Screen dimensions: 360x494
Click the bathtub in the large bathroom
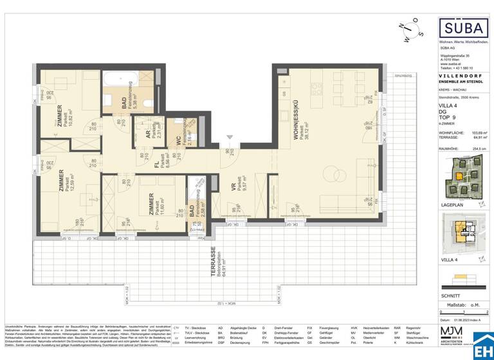pos(118,82)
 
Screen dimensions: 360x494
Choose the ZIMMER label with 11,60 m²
pos(152,205)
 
